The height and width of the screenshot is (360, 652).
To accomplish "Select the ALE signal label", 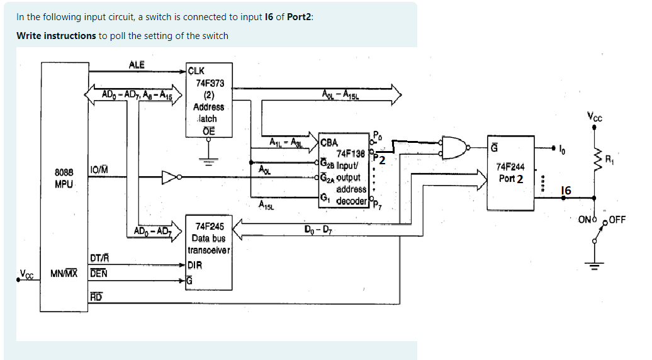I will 137,65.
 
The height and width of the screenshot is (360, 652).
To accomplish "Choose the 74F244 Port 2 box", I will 510,172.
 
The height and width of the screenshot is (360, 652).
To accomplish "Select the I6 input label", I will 566,190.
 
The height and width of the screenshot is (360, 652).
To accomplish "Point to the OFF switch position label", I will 617,220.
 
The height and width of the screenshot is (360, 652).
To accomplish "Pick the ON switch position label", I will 586,220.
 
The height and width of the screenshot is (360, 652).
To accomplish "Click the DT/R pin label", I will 99,257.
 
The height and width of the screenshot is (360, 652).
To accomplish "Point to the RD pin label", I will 96,296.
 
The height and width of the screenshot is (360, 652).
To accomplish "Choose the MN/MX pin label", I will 64,274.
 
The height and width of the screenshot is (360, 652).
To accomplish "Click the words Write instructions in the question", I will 56,35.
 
